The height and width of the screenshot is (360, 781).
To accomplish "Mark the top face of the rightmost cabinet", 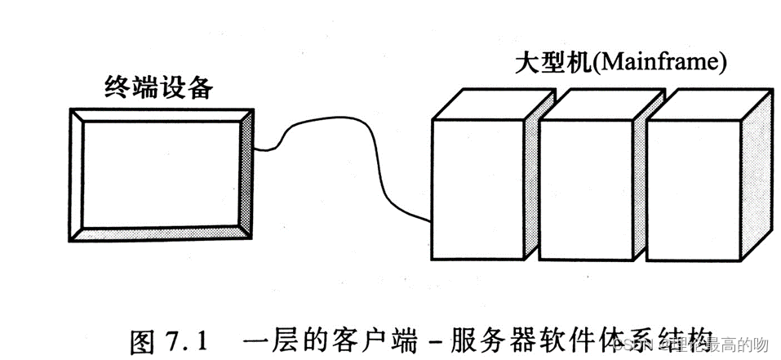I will (x=710, y=104).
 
